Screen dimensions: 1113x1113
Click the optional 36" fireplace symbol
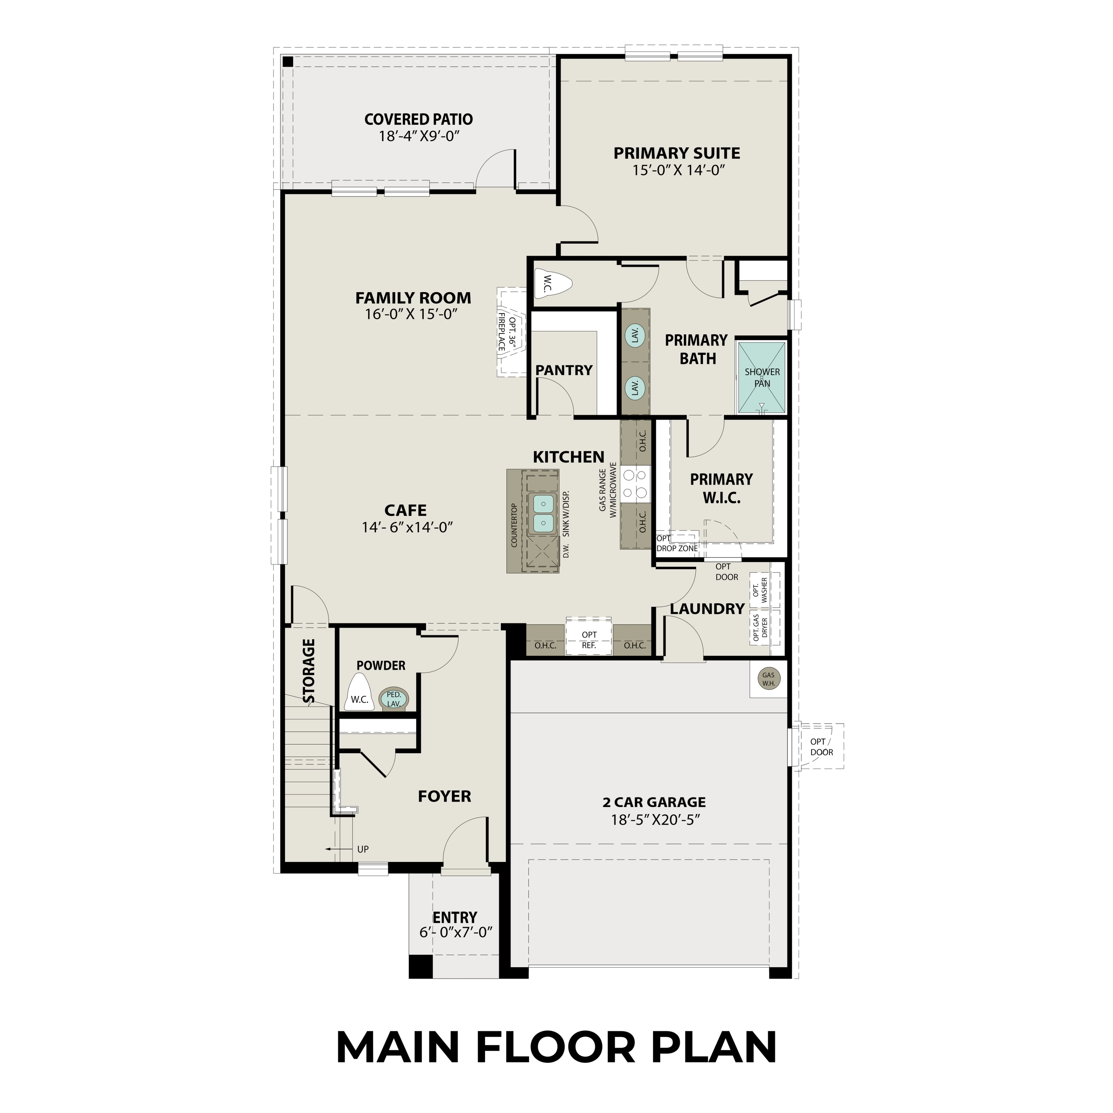(511, 332)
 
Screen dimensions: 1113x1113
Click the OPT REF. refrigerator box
(589, 639)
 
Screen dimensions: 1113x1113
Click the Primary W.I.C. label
(721, 488)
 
